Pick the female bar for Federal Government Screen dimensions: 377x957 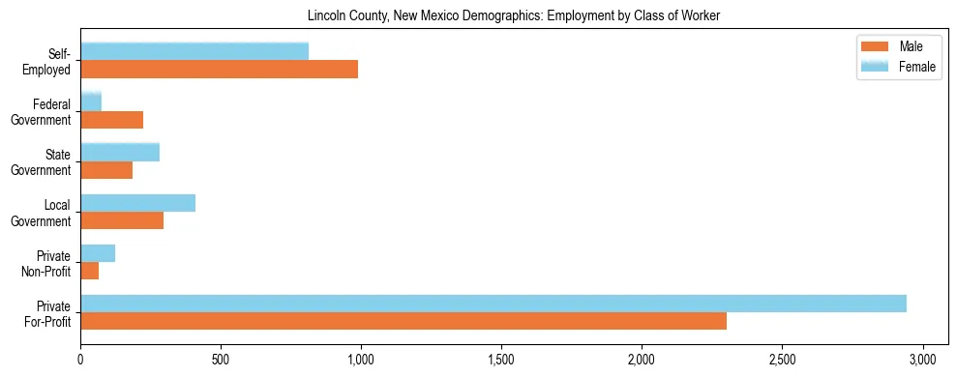pyautogui.click(x=91, y=101)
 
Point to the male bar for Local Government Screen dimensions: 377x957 pyautogui.click(x=122, y=220)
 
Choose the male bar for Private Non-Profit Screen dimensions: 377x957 pyautogui.click(x=89, y=271)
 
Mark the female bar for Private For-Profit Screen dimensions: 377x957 pyautogui.click(x=493, y=304)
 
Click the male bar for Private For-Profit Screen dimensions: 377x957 pyautogui.click(x=404, y=321)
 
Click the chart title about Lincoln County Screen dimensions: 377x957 pyautogui.click(x=514, y=15)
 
